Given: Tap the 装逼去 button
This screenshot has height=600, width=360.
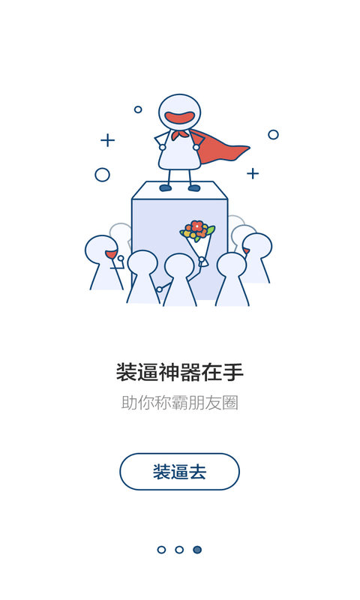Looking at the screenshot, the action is pos(179,472).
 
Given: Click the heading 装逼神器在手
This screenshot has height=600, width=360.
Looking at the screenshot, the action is pos(180,372).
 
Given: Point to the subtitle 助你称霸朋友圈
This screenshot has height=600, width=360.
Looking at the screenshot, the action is pos(180,403).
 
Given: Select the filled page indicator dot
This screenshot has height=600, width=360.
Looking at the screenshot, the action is pos(197,550).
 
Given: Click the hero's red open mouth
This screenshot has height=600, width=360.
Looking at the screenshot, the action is pos(180,117).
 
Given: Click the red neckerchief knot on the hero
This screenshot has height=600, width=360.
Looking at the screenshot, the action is pos(179,135).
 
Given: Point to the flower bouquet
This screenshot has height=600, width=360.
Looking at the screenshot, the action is pos(198,241).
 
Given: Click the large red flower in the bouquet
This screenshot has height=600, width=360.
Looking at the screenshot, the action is pos(197,226).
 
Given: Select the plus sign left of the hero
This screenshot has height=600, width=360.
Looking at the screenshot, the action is pos(108,140).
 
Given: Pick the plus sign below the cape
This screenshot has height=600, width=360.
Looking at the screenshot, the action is pos(253,174).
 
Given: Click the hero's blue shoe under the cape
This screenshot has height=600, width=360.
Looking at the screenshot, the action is pos(194,188).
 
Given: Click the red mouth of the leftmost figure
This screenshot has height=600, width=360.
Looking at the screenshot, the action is pos(111,254).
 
